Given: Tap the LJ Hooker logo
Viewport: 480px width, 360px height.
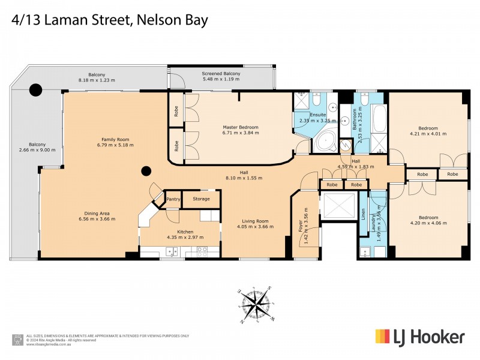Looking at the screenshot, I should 419,337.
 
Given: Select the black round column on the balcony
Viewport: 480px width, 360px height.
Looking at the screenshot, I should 36,91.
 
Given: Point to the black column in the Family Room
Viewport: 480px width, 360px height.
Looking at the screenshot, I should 145,172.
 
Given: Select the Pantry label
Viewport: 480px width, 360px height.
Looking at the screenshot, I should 173,199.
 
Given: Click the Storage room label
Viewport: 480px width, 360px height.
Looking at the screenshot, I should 202,199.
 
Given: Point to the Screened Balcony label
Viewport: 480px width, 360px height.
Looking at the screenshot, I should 221,74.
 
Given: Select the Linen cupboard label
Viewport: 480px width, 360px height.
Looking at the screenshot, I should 364,215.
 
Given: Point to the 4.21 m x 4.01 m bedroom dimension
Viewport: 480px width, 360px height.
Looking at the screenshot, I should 428,134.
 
